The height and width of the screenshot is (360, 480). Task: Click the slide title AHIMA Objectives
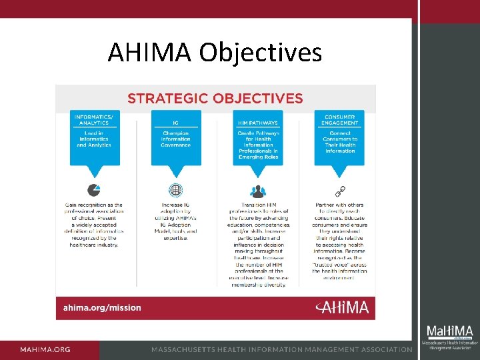click(215, 52)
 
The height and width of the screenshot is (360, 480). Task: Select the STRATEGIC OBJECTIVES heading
click(215, 99)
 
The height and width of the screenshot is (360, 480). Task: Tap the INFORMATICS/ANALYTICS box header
click(95, 120)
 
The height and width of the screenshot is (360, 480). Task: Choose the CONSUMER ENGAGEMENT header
click(340, 120)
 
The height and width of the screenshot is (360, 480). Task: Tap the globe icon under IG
click(175, 190)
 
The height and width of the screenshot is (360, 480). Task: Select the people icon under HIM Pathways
click(257, 191)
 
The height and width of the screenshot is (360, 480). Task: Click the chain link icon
click(340, 191)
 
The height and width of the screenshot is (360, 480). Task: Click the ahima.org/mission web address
click(102, 308)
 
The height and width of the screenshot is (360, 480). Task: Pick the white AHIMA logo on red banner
click(341, 307)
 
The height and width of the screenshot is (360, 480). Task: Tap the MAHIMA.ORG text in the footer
click(45, 350)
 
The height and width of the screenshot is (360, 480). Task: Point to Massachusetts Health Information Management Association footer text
click(281, 350)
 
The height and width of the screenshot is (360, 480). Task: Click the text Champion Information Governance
click(175, 139)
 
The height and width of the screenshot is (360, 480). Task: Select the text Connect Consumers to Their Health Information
click(340, 141)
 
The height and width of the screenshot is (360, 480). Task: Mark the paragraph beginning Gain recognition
click(94, 224)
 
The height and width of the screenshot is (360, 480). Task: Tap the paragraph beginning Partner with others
click(340, 237)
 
